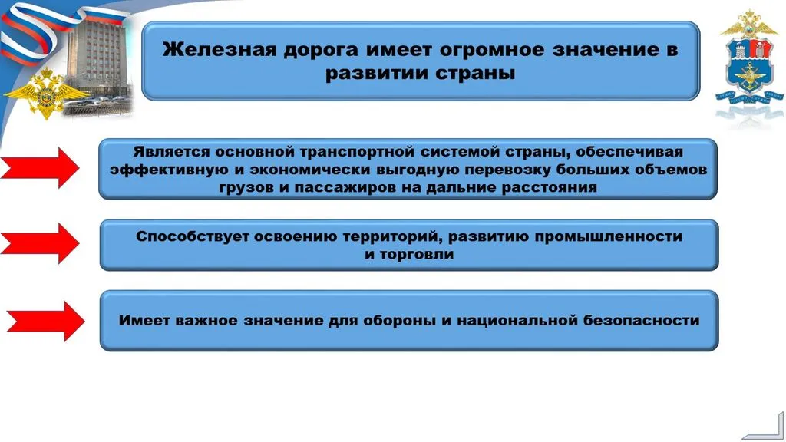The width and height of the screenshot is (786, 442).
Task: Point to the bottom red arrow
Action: click(48, 320)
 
